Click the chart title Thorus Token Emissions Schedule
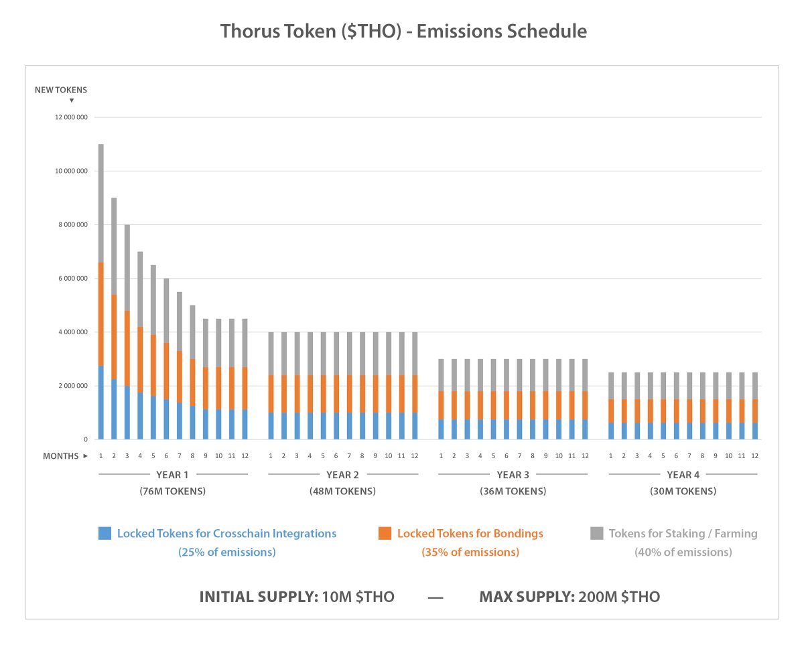pos(403,31)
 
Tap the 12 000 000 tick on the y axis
pos(71,117)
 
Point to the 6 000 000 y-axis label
pos(73,279)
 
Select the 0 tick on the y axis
pos(86,439)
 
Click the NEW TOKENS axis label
pos(61,90)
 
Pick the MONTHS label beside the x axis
pos(60,456)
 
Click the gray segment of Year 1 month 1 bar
pos(100,204)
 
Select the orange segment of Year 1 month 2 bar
pos(114,337)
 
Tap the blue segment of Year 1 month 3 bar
pos(127,413)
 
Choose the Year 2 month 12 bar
pos(415,386)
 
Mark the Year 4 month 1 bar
pos(611,406)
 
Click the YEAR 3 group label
pos(513,475)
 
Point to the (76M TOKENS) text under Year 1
pos(172,492)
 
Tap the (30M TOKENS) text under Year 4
pos(683,492)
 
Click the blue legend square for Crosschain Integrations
pos(105,533)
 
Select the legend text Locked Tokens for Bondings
pos(470,534)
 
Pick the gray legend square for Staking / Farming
pos(597,533)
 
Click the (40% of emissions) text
pos(683,553)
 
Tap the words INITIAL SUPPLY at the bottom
pos(259,597)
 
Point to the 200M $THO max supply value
pos(619,597)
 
